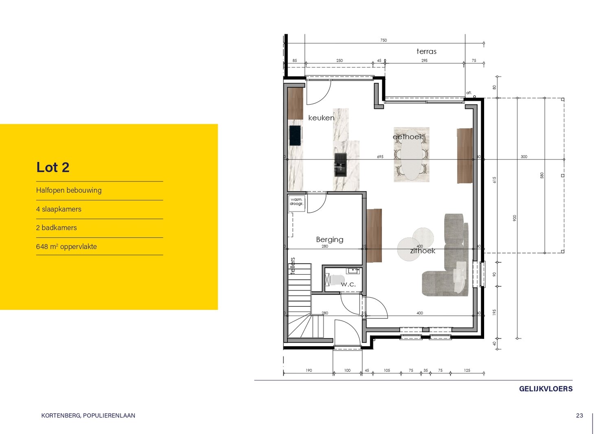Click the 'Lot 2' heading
(x=53, y=167)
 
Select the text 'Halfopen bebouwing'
(x=69, y=190)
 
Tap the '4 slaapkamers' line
(x=59, y=209)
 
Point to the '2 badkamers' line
(x=57, y=228)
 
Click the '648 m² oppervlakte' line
(x=66, y=246)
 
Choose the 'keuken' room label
(x=321, y=118)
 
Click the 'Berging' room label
(x=329, y=240)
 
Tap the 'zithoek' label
(x=422, y=251)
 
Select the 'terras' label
(x=426, y=51)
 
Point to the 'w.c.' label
(x=348, y=284)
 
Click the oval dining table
(x=411, y=155)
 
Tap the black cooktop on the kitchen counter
(x=295, y=135)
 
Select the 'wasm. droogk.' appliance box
(x=296, y=203)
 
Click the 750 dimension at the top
(x=384, y=40)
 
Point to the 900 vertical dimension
(x=515, y=218)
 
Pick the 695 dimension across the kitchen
(x=380, y=157)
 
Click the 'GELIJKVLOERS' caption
(x=546, y=389)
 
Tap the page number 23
(x=579, y=415)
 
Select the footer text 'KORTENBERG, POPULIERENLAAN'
(x=88, y=416)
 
